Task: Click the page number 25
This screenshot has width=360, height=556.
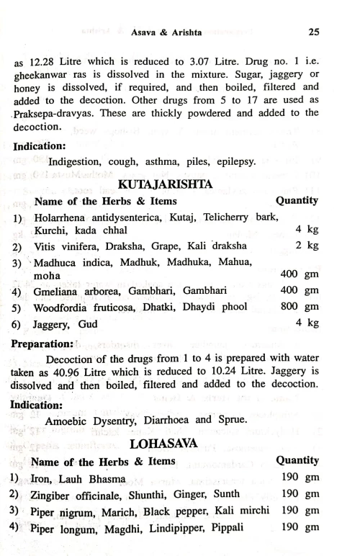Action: coord(312,32)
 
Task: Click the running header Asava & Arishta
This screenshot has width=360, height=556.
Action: coord(168,32)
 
